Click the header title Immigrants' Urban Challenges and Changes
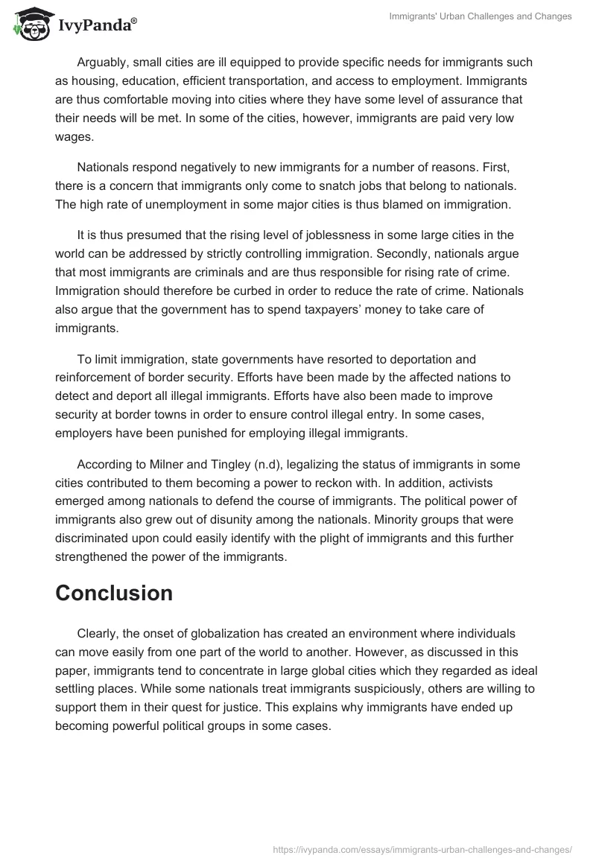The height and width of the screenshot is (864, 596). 481,16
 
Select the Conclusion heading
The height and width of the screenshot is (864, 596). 114,593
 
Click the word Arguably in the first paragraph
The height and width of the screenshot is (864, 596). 104,63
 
